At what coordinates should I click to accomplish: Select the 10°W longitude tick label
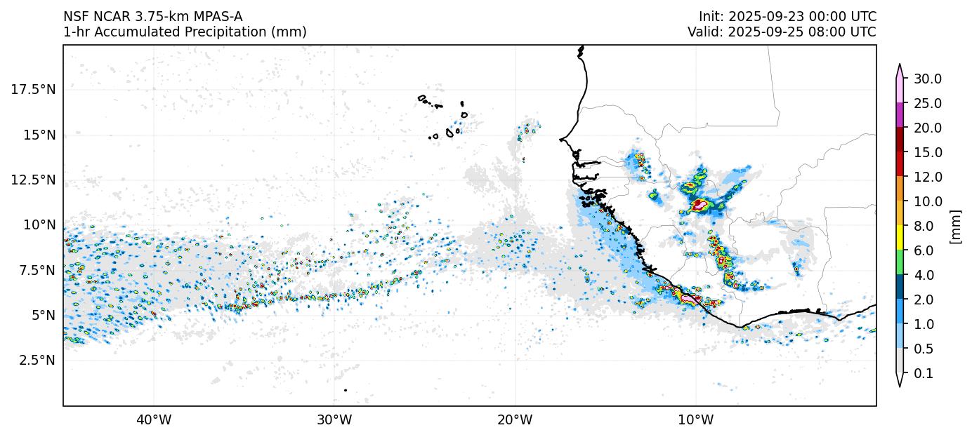(x=695, y=421)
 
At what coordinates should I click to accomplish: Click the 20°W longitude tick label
(x=515, y=421)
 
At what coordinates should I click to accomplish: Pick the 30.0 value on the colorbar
(x=927, y=79)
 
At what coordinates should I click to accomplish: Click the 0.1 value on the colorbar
(x=924, y=374)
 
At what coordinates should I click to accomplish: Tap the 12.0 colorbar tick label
(x=927, y=177)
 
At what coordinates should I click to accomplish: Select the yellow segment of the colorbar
(x=899, y=238)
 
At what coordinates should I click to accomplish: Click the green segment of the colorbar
(x=899, y=262)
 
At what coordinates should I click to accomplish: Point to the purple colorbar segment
(x=899, y=115)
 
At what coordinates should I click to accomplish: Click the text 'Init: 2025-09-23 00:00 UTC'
(x=787, y=16)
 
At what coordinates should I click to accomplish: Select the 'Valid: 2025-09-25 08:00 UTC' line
(x=782, y=32)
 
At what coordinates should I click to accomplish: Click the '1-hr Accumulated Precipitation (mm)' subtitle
(x=185, y=32)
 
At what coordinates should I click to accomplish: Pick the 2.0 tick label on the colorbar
(x=924, y=300)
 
